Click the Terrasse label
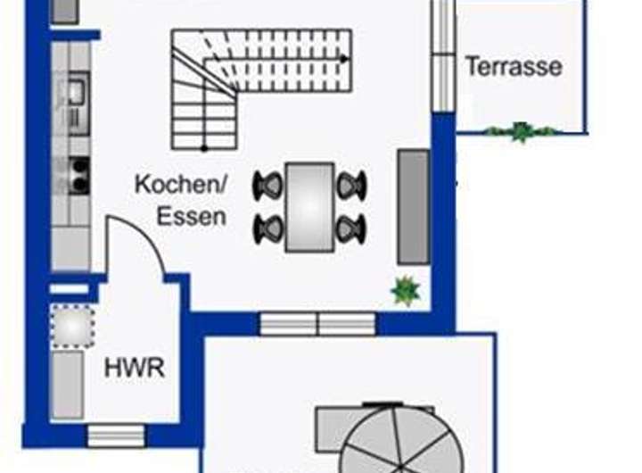point(513,66)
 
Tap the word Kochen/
point(181,185)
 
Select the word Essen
point(191,216)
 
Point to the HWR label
point(135,368)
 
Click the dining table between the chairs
point(309,206)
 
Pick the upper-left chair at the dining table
point(267,186)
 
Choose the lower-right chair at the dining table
point(351,228)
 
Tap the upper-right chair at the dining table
point(351,186)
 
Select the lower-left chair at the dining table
point(267,228)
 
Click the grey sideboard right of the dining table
point(413,206)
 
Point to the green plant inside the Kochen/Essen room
point(406,291)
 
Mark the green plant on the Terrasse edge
point(521,132)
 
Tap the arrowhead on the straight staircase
point(344,59)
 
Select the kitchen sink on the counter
point(75,90)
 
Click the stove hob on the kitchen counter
point(78,175)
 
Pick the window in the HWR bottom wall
point(116,435)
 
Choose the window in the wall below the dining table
point(317,323)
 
